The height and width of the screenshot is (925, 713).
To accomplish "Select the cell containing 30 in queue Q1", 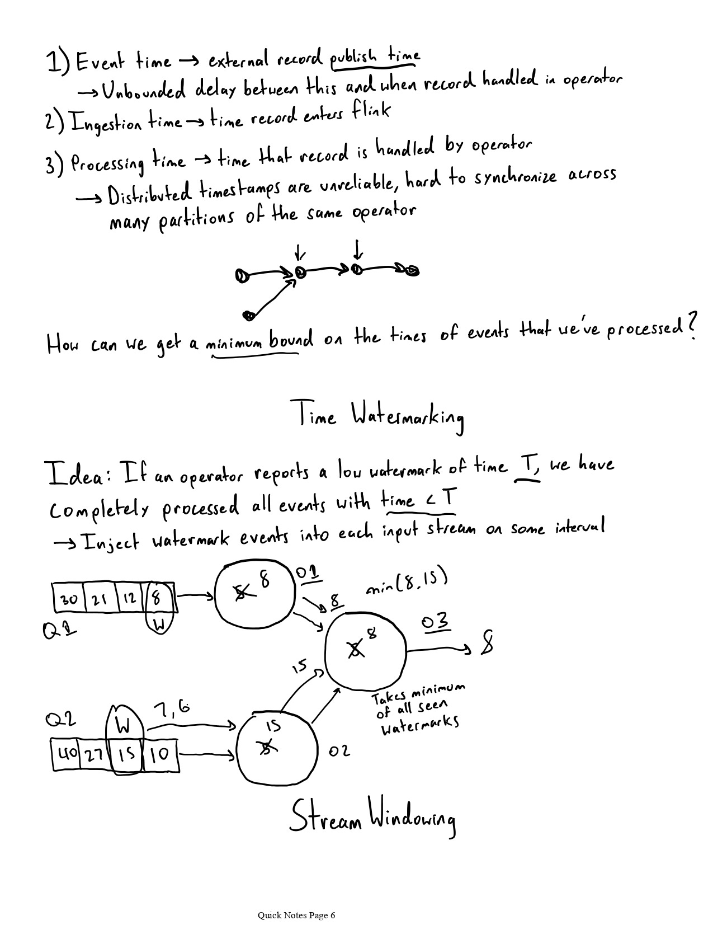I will point(69,599).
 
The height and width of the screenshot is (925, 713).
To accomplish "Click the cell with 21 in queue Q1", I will point(100,599).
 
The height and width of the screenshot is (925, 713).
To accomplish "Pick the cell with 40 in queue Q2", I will point(67,754).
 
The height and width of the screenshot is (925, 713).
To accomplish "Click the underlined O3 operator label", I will point(436,622).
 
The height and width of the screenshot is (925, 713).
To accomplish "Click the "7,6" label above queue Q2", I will point(171,710).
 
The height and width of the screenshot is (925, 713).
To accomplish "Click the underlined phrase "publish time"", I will point(375,57).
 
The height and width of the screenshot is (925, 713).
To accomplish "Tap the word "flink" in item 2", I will point(370,111).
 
